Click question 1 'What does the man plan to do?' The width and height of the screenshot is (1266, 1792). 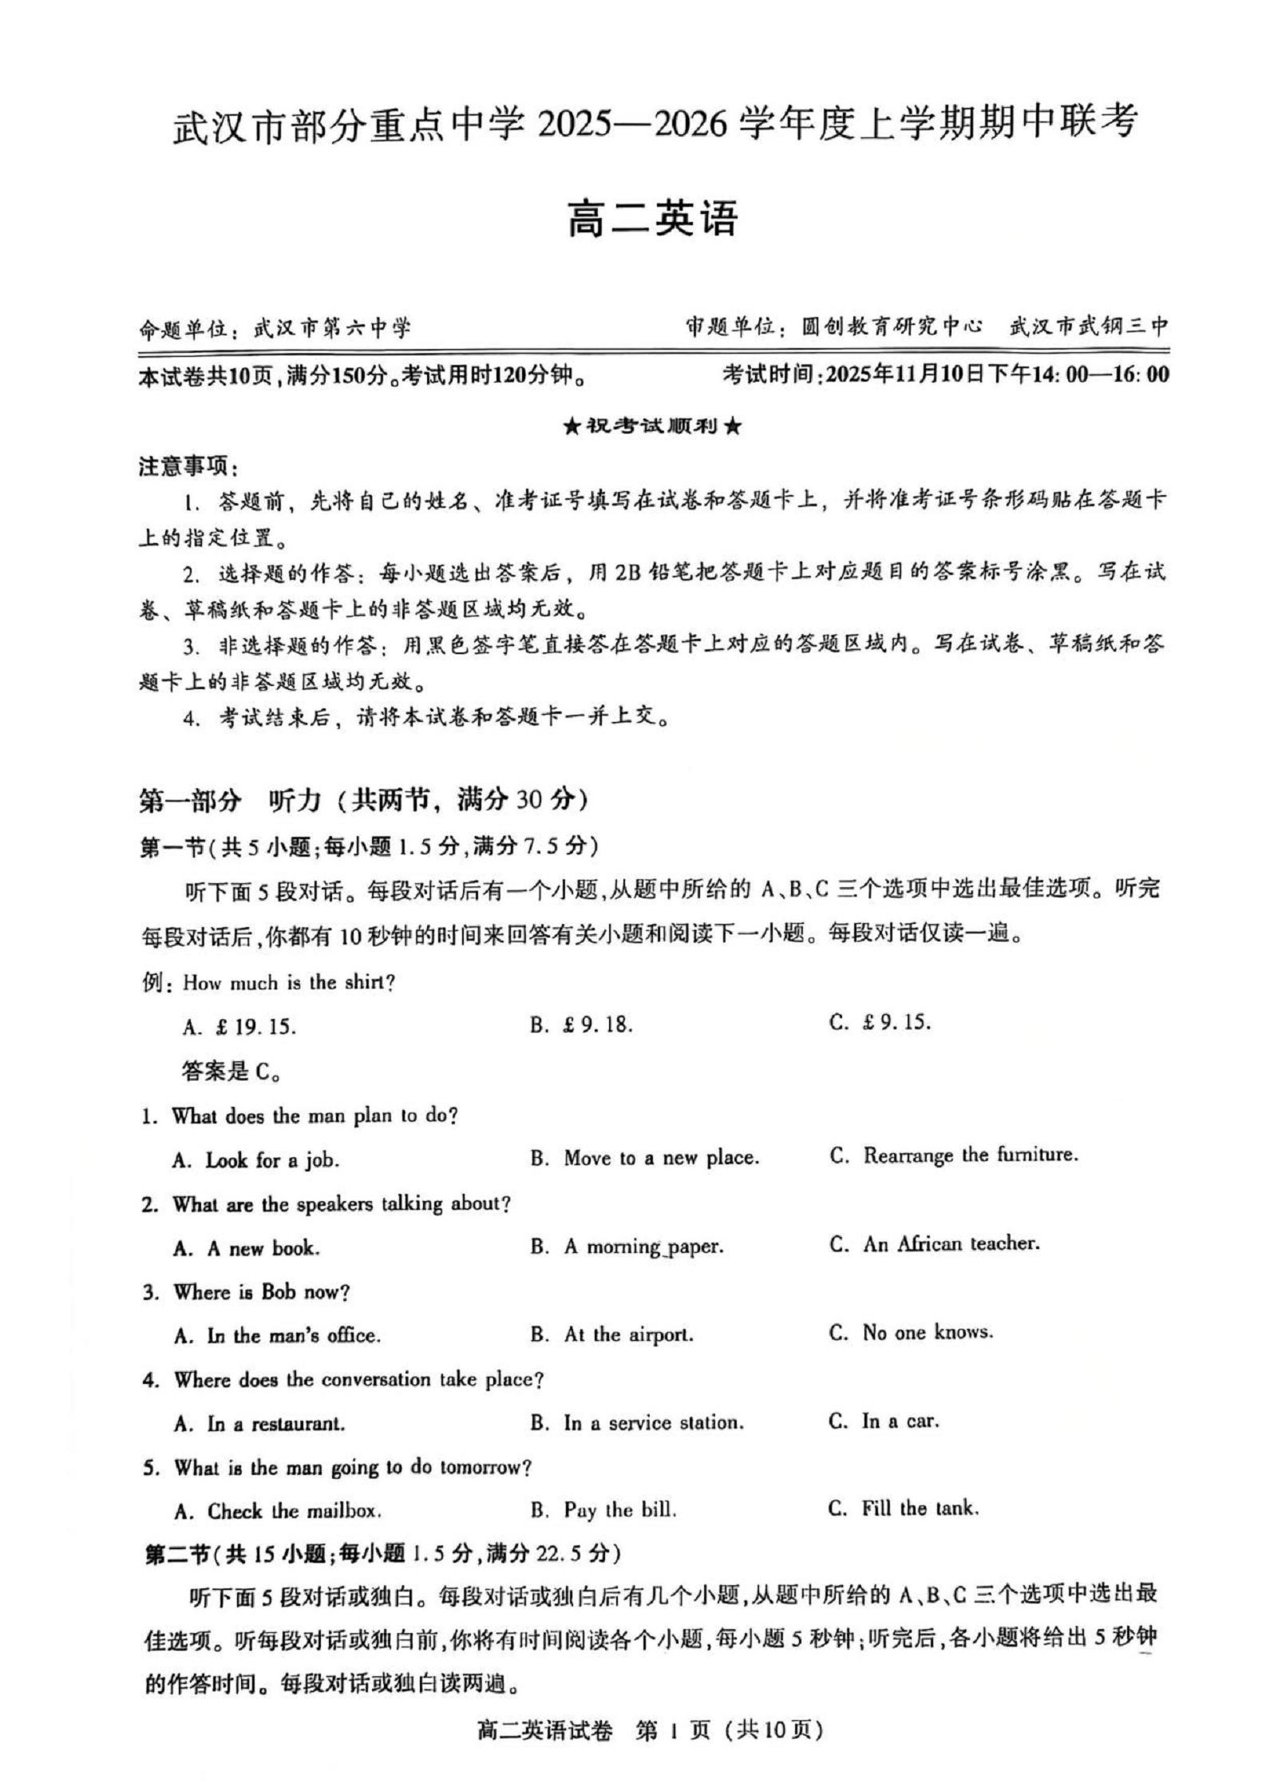300,1116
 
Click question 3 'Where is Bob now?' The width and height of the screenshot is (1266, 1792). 247,1292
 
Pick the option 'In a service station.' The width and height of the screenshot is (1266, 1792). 638,1423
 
